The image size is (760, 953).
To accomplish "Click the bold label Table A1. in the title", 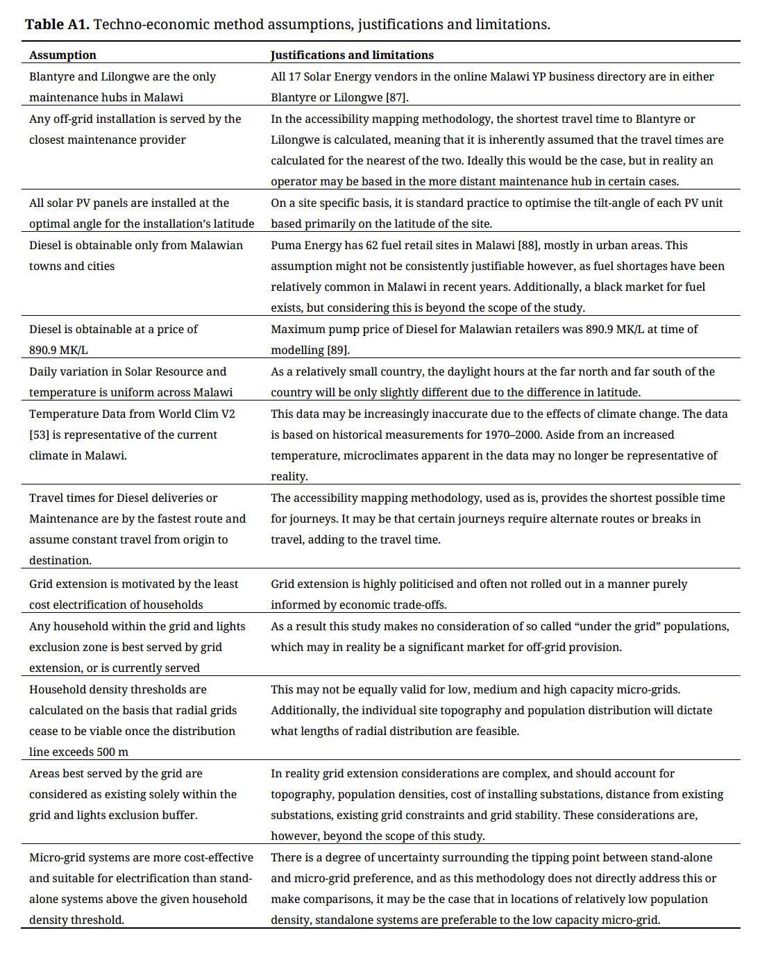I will click(57, 24).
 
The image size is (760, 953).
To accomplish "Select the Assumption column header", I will click(62, 55).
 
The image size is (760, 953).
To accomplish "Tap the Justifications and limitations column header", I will click(352, 55).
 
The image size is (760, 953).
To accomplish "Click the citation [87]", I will click(397, 97).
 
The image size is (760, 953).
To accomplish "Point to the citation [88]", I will click(531, 245).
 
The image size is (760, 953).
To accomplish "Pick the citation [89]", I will click(338, 350).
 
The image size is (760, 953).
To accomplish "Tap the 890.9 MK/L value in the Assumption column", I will click(58, 350).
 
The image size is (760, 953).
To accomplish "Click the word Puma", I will click(286, 245).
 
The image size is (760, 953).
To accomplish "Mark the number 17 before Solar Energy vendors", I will click(294, 76).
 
